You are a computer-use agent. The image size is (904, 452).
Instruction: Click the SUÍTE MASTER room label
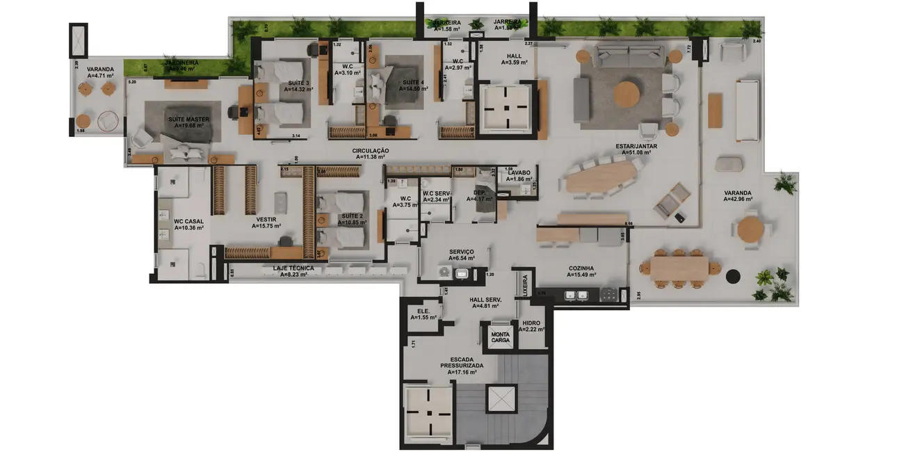point(188,120)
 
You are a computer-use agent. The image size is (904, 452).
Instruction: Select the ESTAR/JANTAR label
point(636,146)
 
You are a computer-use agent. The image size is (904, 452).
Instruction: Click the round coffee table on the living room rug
point(628,94)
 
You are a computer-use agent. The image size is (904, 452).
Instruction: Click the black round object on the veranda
point(731,276)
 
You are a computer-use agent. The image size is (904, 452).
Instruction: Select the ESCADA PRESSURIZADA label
point(462,362)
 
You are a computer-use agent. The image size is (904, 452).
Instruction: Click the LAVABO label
point(519,172)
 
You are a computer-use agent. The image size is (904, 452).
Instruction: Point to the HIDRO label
point(531,323)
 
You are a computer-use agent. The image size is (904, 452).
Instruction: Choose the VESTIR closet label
point(266,218)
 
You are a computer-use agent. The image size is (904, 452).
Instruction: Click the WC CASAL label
point(188,222)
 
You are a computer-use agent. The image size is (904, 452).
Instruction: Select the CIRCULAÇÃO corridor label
point(370,151)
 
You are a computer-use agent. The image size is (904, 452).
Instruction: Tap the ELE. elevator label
point(423,311)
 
